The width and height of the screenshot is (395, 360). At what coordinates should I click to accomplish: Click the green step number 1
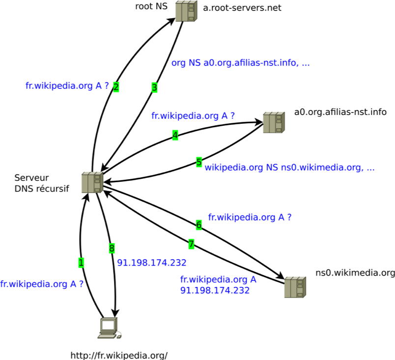tap(81, 263)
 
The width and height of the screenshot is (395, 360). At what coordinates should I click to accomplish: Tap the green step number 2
tap(116, 87)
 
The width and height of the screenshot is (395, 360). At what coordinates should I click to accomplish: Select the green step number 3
tap(154, 88)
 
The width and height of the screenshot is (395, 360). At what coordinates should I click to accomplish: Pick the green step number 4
tap(175, 135)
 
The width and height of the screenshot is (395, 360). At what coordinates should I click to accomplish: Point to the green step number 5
tap(199, 162)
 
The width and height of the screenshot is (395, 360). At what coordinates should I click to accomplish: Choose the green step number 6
tap(199, 225)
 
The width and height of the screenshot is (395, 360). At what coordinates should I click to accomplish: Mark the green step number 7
tap(191, 244)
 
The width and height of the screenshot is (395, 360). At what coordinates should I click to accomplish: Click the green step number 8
tap(112, 249)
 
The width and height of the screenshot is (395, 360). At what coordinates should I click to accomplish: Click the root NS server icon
tap(186, 11)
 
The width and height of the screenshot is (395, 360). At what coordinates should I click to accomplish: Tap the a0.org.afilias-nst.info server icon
tap(273, 123)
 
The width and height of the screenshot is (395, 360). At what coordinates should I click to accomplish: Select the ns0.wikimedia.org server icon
tap(295, 287)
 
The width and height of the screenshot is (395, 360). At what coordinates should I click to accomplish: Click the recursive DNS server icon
tap(92, 183)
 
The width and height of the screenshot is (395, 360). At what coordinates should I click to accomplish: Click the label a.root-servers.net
tap(242, 8)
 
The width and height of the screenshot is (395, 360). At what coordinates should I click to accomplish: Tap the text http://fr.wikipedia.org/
tap(119, 355)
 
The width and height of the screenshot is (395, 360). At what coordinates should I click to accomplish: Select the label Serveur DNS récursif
tap(42, 183)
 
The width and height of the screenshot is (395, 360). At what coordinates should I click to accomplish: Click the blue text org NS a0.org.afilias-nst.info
tap(240, 63)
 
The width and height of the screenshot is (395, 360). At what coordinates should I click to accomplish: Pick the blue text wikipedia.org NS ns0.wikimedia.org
tap(289, 167)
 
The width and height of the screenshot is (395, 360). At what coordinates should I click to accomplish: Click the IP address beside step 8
tap(152, 262)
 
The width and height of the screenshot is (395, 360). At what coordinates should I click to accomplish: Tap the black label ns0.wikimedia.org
tap(355, 273)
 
